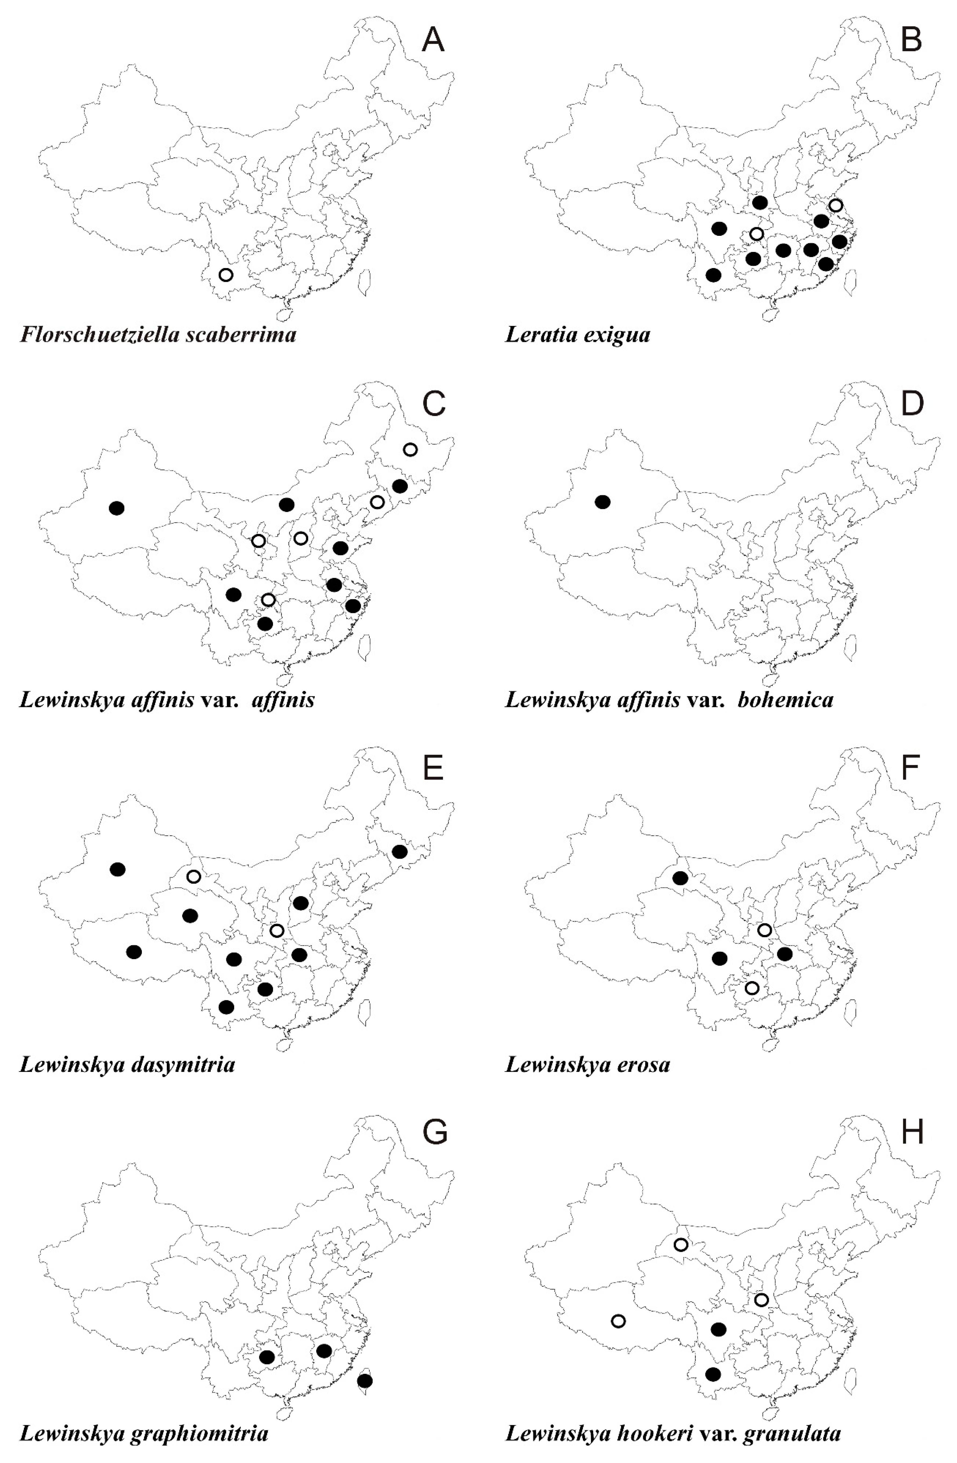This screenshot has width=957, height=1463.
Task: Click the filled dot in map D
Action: click(603, 502)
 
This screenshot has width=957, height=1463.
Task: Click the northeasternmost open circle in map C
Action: click(410, 450)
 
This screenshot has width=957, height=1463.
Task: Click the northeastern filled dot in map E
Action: click(399, 852)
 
